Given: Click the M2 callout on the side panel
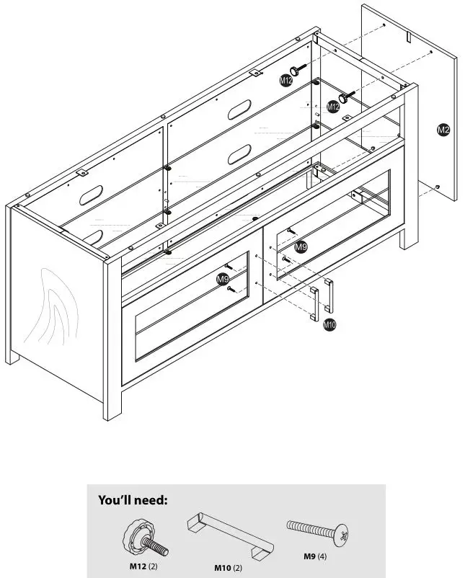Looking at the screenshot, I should click(x=443, y=130).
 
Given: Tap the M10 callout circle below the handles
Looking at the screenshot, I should click(x=329, y=325).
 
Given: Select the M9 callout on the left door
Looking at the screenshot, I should click(x=223, y=278).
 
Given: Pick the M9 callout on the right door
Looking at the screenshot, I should click(x=301, y=247).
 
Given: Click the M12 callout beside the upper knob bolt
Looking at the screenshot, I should click(x=286, y=81).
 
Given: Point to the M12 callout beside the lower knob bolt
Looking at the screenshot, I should click(x=332, y=107).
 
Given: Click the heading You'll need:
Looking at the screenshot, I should click(x=133, y=499).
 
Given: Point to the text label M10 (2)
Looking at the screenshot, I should click(x=228, y=568).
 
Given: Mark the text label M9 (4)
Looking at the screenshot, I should click(x=314, y=556).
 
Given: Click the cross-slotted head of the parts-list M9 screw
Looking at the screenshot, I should click(x=344, y=535).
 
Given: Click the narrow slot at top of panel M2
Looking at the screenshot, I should click(x=408, y=35).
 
